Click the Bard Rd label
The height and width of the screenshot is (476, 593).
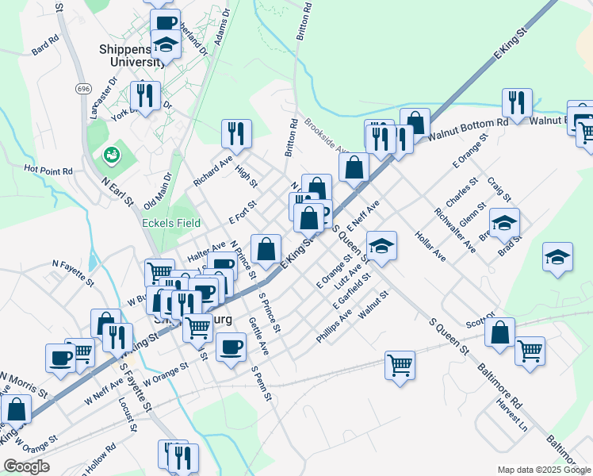(46, 44)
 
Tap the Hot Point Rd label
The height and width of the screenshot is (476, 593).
(48, 170)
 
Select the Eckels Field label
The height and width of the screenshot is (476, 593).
(171, 224)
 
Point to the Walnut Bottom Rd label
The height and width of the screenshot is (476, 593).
(468, 130)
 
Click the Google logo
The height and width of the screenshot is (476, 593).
(26, 466)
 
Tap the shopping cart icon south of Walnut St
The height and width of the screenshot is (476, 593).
(400, 366)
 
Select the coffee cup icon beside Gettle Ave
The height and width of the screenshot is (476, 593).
(231, 347)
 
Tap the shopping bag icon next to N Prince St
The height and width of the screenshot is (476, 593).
(266, 248)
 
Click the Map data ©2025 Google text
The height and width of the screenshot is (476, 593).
(543, 470)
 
